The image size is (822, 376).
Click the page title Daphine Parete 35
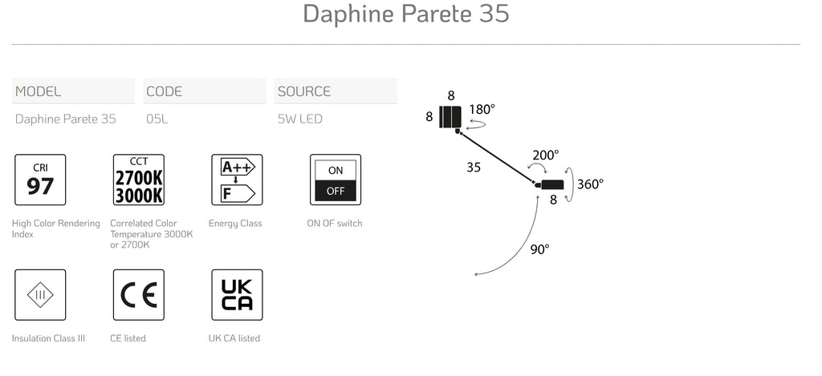coord(405,14)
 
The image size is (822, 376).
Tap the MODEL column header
coord(39,91)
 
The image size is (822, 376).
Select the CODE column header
coord(164,91)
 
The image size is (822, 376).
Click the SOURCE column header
coord(304,91)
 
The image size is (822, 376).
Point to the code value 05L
coord(157,119)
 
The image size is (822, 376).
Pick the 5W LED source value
coord(300,119)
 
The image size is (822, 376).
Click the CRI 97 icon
coord(40,180)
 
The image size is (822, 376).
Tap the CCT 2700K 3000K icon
coord(139,180)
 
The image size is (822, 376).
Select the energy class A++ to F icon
coord(237,180)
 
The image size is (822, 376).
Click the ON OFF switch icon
coord(336,180)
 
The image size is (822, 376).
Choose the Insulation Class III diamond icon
coord(40,295)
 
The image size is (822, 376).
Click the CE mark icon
coord(139,295)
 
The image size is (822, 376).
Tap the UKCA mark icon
coord(237,295)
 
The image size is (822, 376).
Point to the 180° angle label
coord(482,110)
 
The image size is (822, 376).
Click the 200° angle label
coord(546,156)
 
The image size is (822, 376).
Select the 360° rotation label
coord(590,184)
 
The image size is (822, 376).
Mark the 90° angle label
coord(539,250)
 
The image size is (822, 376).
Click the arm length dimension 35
coord(474,168)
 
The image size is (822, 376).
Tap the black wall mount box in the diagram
coord(450,117)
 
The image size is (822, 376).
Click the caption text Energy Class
coord(235,224)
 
